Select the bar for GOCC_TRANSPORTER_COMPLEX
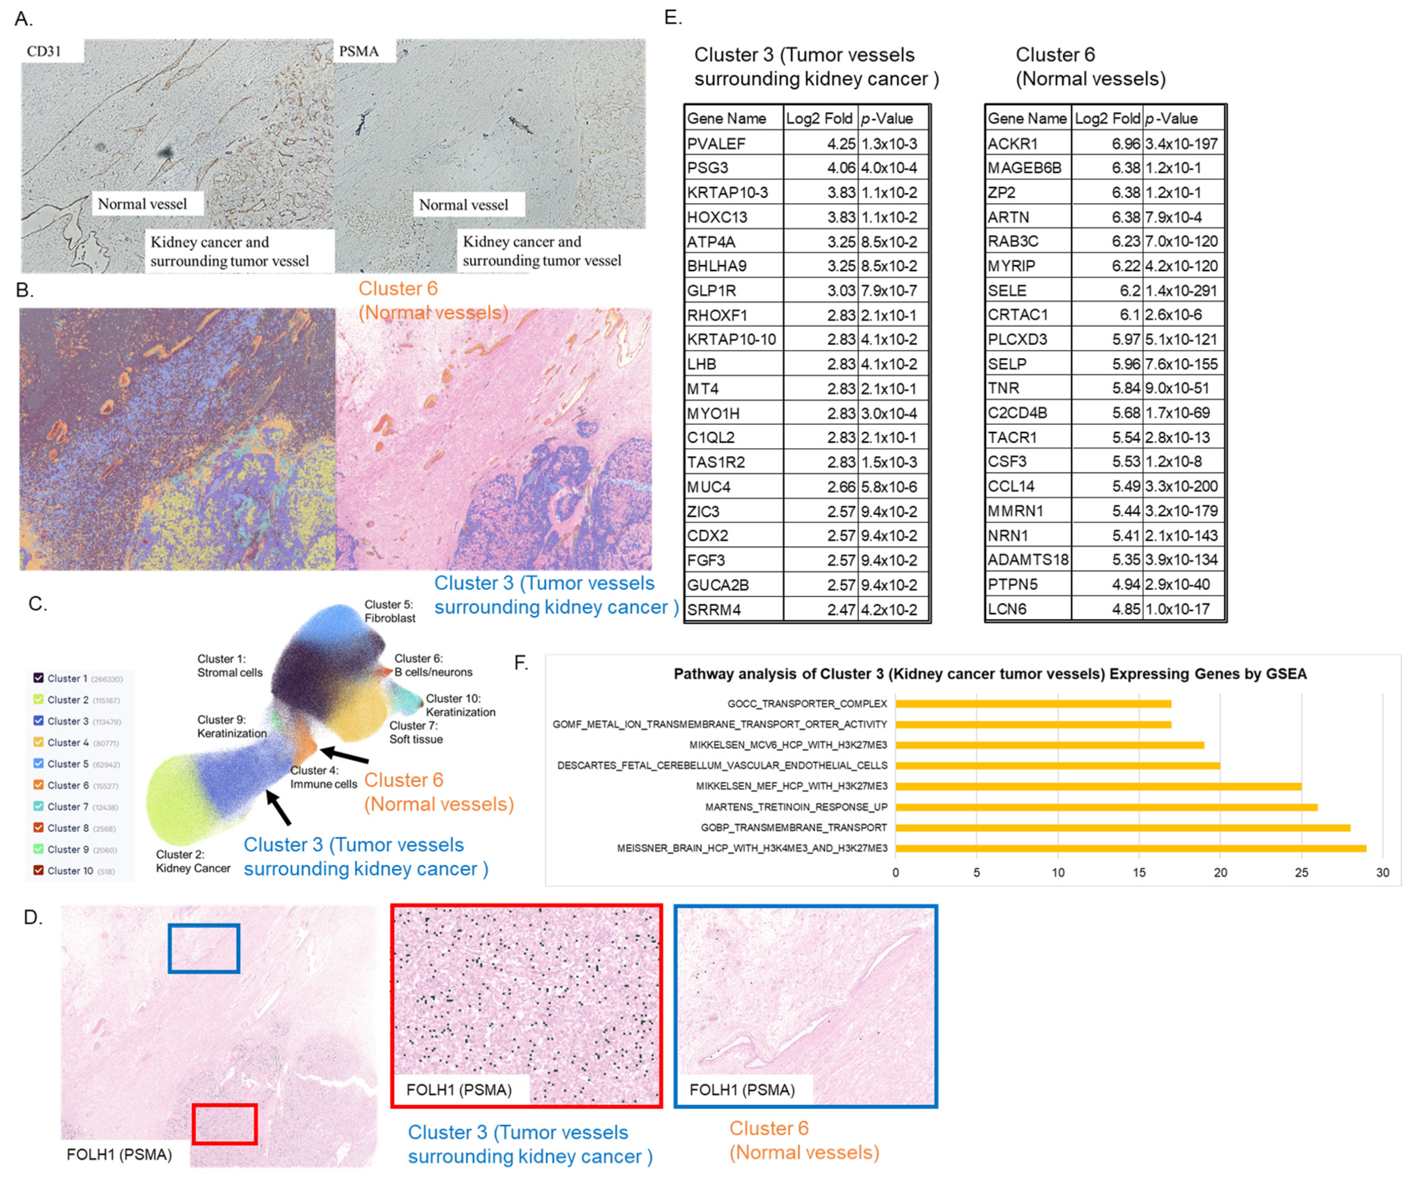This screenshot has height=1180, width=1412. point(1033,704)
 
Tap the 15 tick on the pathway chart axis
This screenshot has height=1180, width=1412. point(1139,873)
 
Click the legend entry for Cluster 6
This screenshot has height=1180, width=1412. point(67,785)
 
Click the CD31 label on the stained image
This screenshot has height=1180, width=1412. point(44,51)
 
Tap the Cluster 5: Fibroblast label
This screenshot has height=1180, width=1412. point(390,611)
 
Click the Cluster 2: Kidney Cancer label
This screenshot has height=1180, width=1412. point(193,861)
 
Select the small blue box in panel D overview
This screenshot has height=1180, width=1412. point(204,948)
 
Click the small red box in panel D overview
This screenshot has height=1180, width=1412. point(224,1124)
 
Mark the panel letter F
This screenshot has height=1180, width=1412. point(521,663)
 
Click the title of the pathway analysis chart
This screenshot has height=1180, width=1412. point(990,674)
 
